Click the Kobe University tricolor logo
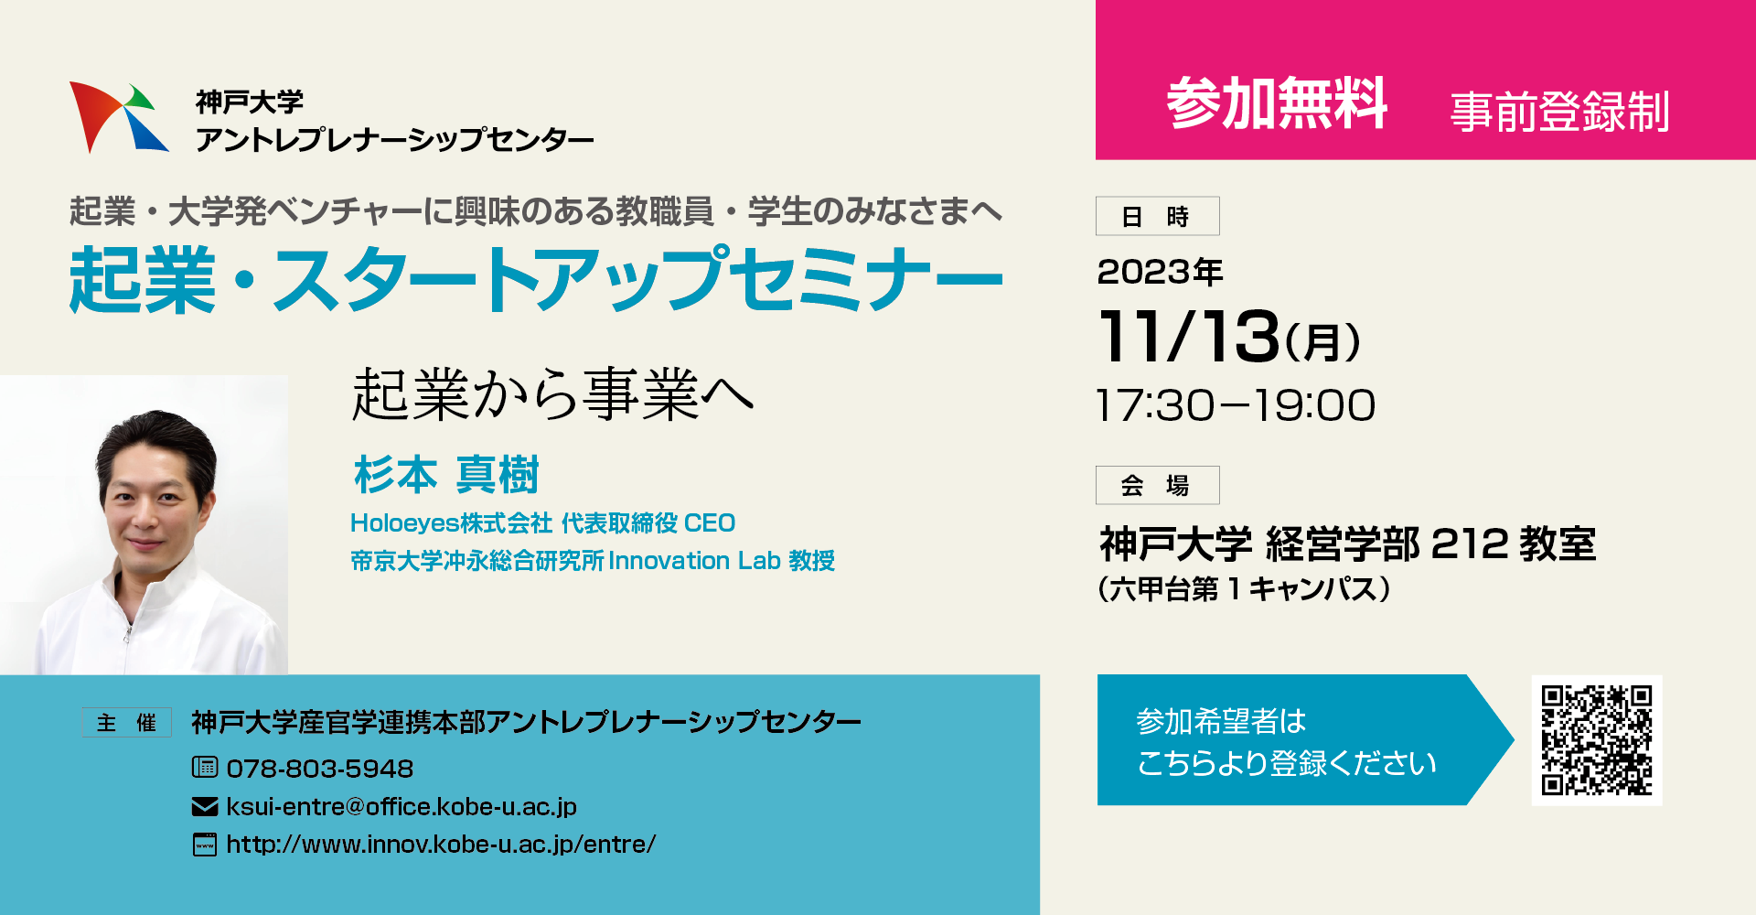click(x=119, y=117)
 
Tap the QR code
click(x=1597, y=740)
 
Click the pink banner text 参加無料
click(x=1277, y=102)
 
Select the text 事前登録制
click(x=1560, y=112)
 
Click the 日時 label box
click(x=1157, y=216)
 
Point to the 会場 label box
click(x=1157, y=485)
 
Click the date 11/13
click(x=1189, y=336)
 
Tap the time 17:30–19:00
click(x=1236, y=405)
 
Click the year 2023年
click(x=1160, y=272)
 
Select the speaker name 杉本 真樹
click(x=446, y=475)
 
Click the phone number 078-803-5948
click(x=320, y=769)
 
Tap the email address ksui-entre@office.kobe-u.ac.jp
click(x=402, y=807)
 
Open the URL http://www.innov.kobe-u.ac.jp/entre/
click(x=441, y=845)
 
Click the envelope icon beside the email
click(x=205, y=806)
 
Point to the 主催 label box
click(x=126, y=723)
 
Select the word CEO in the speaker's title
click(x=710, y=523)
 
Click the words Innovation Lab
click(x=694, y=560)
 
